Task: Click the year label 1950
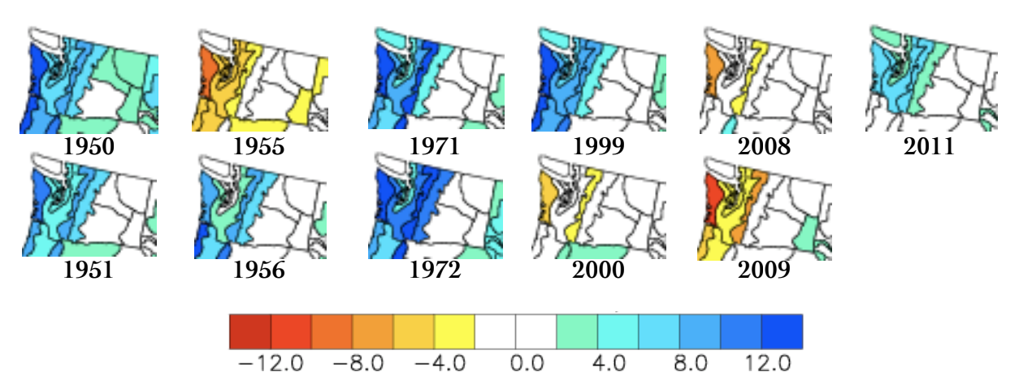89,147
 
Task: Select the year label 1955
258,147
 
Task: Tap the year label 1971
434,147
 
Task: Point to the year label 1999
599,147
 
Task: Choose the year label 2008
764,147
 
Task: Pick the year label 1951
89,270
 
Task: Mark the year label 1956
258,270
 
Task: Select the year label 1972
434,270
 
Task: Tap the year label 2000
599,270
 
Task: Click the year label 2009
764,270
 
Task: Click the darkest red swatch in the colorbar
250,331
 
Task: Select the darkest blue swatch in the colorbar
782,331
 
